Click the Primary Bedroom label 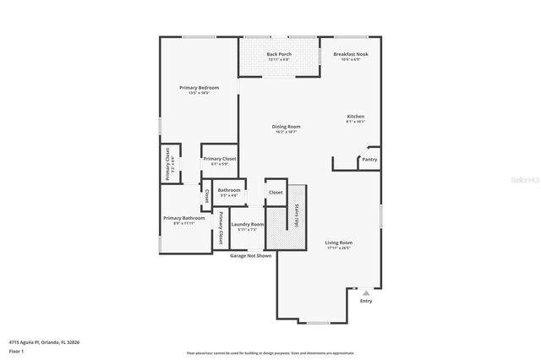pyautogui.click(x=199, y=87)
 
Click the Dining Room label pyautogui.click(x=287, y=127)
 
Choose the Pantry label pyautogui.click(x=369, y=159)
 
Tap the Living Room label pyautogui.click(x=339, y=243)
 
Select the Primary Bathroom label pyautogui.click(x=183, y=218)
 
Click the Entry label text pyautogui.click(x=365, y=301)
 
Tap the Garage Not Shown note pyautogui.click(x=250, y=255)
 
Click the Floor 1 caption pyautogui.click(x=16, y=350)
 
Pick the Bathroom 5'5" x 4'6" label pyautogui.click(x=228, y=190)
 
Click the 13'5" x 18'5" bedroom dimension pyautogui.click(x=199, y=92)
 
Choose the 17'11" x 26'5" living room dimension pyautogui.click(x=339, y=248)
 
